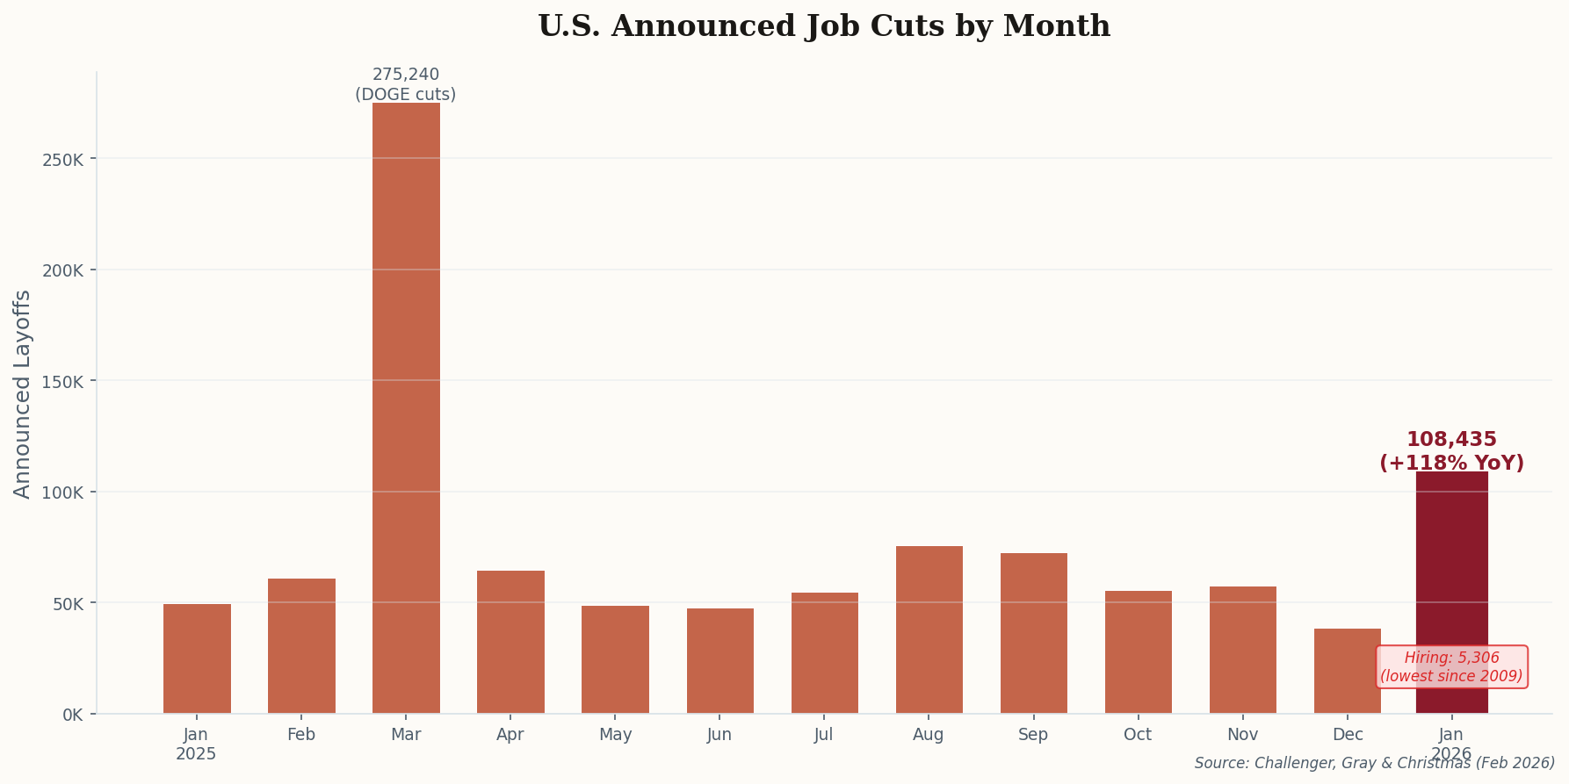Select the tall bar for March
(406, 408)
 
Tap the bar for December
(1347, 672)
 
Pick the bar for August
(929, 629)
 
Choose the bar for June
(719, 661)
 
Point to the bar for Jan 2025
(197, 658)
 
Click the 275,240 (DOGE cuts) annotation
(406, 84)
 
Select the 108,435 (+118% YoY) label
(1451, 451)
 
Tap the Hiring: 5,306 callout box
(1451, 667)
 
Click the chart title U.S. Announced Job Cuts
(823, 26)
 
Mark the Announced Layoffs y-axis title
(23, 394)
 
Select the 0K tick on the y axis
(72, 715)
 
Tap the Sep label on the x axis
(1033, 735)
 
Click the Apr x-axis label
(510, 735)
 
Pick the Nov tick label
(1242, 735)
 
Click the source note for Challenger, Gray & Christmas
(1374, 764)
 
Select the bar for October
(1138, 652)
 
